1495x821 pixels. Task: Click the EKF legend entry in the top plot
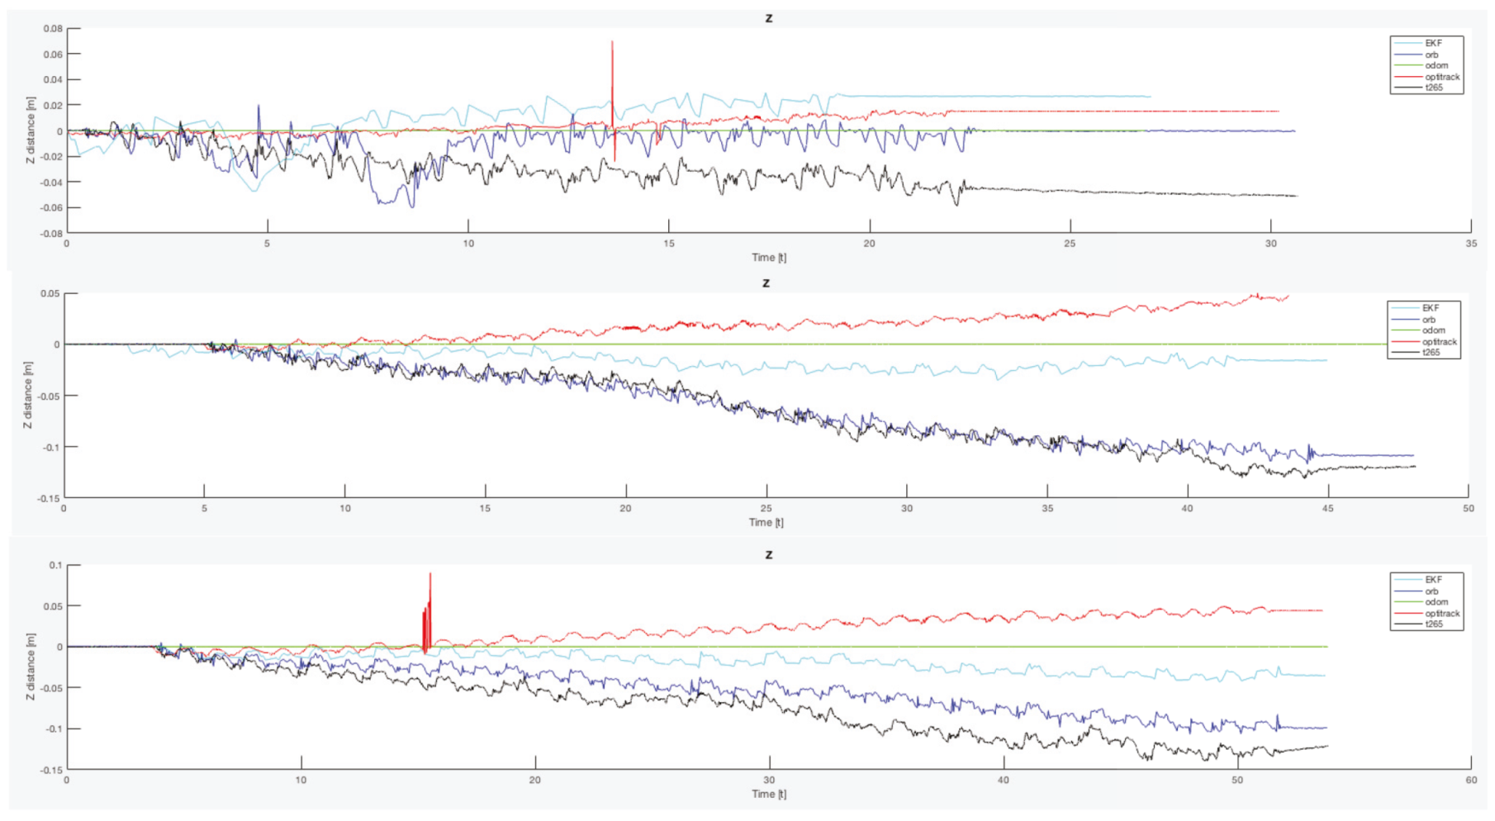[x=1432, y=43]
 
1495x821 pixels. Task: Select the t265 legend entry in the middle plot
[x=1431, y=353]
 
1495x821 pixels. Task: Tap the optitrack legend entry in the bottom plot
[x=1441, y=614]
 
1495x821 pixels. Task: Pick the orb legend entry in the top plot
[x=1431, y=55]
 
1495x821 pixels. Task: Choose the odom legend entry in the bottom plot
[x=1436, y=602]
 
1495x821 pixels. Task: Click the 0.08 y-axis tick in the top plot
[x=53, y=29]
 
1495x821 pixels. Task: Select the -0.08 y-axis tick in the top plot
[x=51, y=234]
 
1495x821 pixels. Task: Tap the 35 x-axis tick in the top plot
[x=1471, y=244]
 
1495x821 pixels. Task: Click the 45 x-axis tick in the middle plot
[x=1327, y=509]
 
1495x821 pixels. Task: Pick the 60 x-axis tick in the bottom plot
[x=1471, y=781]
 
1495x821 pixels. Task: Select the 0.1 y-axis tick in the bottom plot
[x=55, y=566]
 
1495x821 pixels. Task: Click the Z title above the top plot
[x=769, y=18]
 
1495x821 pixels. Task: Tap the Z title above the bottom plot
[x=769, y=554]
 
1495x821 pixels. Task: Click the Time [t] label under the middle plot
[x=766, y=522]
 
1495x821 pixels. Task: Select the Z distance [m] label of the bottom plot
[x=31, y=667]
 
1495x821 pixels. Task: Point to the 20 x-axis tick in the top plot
[x=869, y=244]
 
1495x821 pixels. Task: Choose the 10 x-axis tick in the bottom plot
[x=301, y=781]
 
